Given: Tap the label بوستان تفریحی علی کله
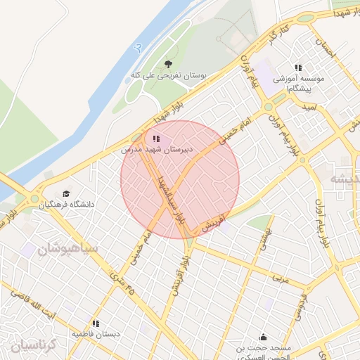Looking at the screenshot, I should point(168,75).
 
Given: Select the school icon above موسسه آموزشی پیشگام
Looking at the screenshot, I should point(298,67).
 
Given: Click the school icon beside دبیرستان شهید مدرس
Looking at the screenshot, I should point(156,139).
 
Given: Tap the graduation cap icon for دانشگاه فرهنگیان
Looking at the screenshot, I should point(66,193).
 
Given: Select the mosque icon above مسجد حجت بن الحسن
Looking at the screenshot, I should point(263,337).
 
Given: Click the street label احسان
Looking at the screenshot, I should point(322,50).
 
